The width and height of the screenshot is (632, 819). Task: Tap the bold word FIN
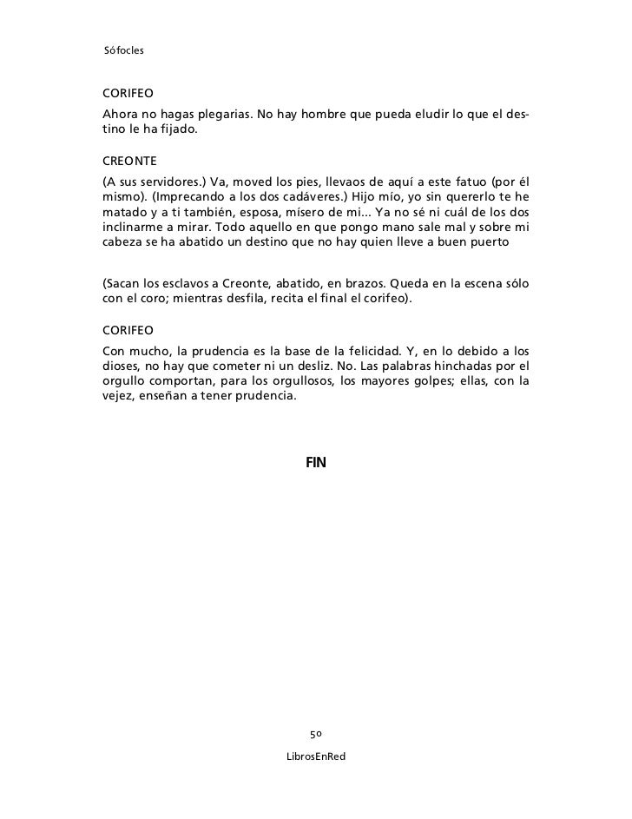pos(315,463)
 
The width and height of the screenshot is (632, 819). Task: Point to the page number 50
pos(316,735)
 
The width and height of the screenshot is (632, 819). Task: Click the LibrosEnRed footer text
pos(316,757)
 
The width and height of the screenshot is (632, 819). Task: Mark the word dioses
pos(124,367)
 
